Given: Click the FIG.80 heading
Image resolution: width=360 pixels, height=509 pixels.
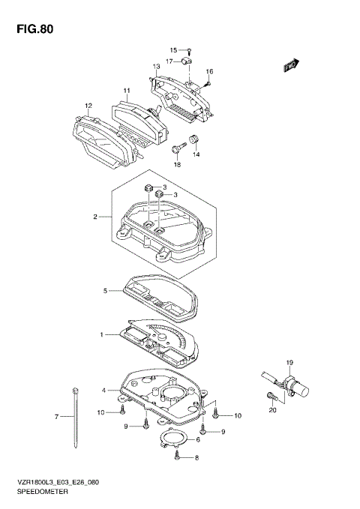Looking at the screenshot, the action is point(35,29).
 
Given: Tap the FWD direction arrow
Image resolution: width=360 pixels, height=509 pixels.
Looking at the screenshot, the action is point(291,64).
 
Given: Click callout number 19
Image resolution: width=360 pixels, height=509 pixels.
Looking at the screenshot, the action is point(289,363).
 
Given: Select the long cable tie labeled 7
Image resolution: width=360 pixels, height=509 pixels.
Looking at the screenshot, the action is point(76,418).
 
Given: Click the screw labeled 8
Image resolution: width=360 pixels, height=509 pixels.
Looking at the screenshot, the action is point(177,455).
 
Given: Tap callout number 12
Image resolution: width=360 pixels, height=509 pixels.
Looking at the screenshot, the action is point(88,106).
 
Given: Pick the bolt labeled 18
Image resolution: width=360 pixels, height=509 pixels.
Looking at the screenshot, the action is point(178,148).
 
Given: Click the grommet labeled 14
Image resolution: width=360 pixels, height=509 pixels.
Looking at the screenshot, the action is point(194,139).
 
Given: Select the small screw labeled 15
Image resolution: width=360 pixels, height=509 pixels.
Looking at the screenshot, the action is point(190,51).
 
